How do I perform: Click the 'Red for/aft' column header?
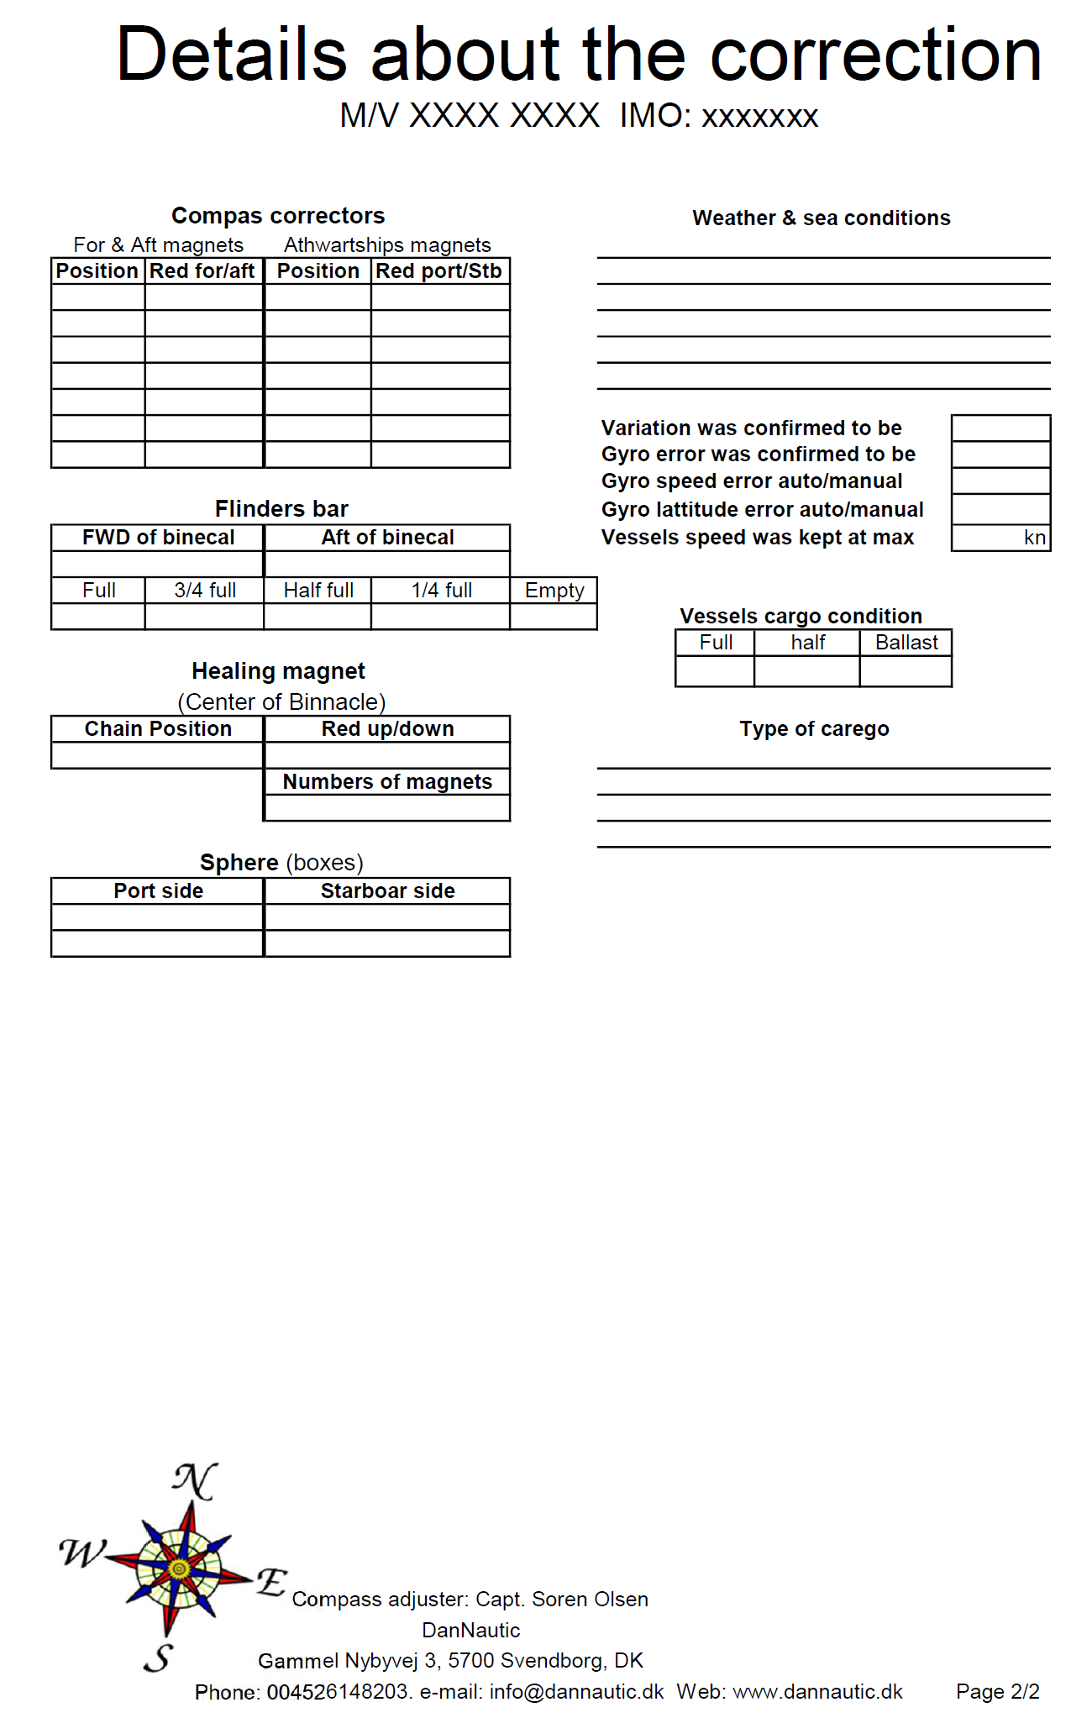(202, 271)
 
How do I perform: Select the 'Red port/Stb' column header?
(438, 271)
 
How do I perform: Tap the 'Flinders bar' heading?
(281, 509)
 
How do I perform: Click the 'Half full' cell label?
(318, 591)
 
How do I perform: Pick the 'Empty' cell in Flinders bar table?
(554, 591)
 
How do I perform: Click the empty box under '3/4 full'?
(204, 617)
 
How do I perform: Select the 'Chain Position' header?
(158, 729)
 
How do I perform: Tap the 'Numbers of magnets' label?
(387, 782)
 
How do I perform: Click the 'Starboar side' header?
(387, 891)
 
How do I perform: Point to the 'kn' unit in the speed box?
(1035, 539)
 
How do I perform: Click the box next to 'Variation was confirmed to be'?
(1000, 428)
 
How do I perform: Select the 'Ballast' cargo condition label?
(906, 643)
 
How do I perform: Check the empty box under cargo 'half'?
(806, 671)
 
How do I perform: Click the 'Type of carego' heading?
(814, 729)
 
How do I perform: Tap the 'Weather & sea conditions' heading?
(821, 218)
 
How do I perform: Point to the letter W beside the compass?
(83, 1553)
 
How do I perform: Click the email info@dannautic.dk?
(576, 1692)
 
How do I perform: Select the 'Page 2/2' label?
(997, 1692)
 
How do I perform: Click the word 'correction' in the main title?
(876, 55)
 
